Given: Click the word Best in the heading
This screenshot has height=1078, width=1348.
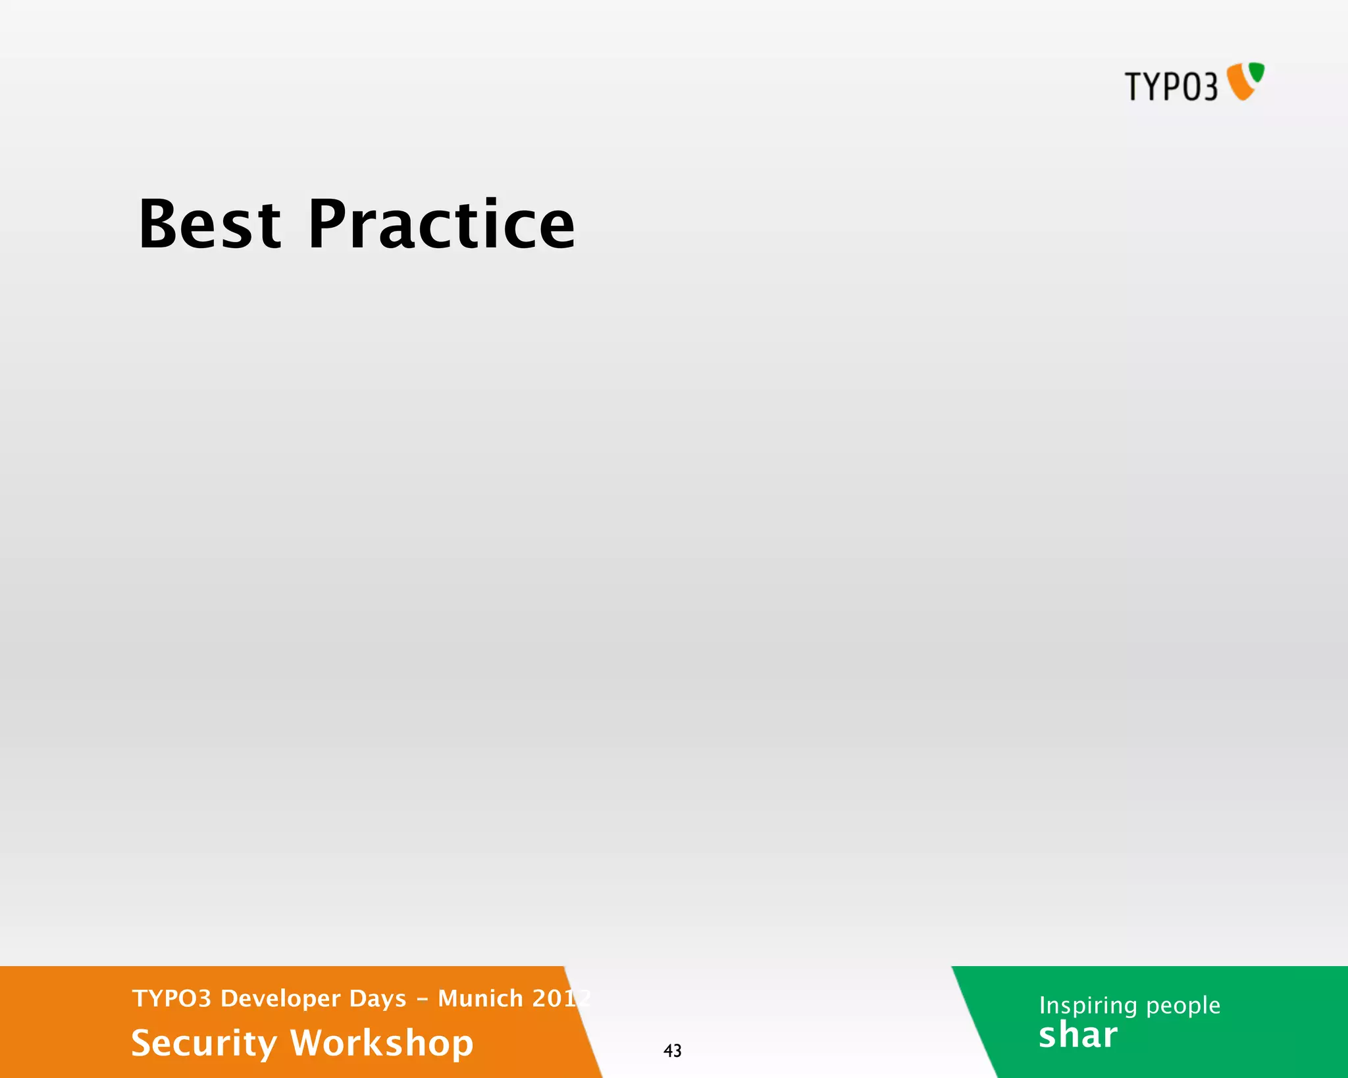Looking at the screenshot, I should coord(210,225).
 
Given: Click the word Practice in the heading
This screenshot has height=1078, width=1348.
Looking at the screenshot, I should coord(441,225).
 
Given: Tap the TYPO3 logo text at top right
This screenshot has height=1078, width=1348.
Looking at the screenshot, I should coord(1171,87).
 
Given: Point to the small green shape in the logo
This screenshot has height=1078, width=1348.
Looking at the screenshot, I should coord(1257,72).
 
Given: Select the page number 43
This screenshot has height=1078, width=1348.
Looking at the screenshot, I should coord(672,1050).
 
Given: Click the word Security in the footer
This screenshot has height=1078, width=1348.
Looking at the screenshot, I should coord(204,1044).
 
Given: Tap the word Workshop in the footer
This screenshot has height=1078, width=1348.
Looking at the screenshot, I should coord(382,1044).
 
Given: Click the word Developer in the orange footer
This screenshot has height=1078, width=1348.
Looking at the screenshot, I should coord(280,998).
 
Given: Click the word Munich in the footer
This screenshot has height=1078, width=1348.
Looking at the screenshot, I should coord(480,998).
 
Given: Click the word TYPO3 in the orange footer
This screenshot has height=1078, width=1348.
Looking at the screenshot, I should coord(171,998).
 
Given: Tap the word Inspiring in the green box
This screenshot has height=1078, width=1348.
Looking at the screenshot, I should coord(1088,1006).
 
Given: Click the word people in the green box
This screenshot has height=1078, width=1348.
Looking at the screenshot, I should coord(1183,1006).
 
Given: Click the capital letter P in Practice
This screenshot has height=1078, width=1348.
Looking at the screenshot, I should coord(326,225).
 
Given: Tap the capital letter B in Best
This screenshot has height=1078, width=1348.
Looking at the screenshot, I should coord(156,225).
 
